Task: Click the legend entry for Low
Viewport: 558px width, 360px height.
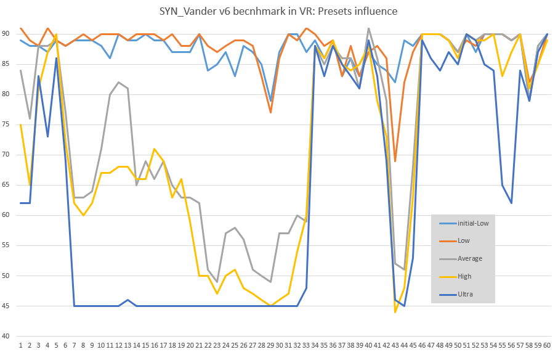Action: (x=463, y=240)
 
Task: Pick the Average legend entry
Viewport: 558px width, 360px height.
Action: (x=469, y=258)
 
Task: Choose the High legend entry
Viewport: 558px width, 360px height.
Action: (x=464, y=276)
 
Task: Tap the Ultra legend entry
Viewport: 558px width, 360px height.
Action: (x=465, y=294)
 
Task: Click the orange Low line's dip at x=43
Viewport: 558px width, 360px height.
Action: (x=395, y=161)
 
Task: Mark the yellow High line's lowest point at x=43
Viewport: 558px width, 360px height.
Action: (x=395, y=312)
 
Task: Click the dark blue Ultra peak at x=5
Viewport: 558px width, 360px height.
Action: (x=56, y=58)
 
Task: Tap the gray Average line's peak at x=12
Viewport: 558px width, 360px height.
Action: (x=118, y=82)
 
